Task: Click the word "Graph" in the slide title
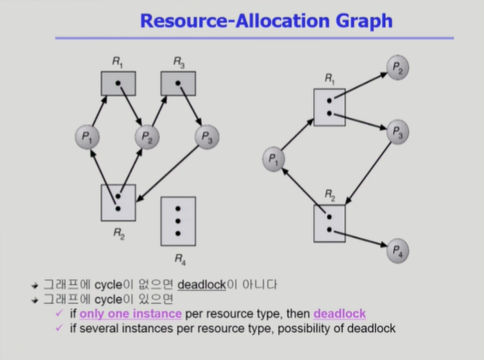pyautogui.click(x=354, y=20)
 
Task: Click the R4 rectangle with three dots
pyautogui.click(x=178, y=221)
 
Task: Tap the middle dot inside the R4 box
pyautogui.click(x=178, y=221)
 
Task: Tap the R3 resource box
pyautogui.click(x=177, y=83)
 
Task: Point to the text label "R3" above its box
pyautogui.click(x=179, y=61)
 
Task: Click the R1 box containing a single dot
pyautogui.click(x=118, y=83)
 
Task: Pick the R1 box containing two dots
pyautogui.click(x=329, y=107)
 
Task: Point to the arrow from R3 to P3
pyautogui.click(x=191, y=108)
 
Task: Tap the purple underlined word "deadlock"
pyautogui.click(x=339, y=313)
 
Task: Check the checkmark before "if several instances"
pyautogui.click(x=58, y=328)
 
